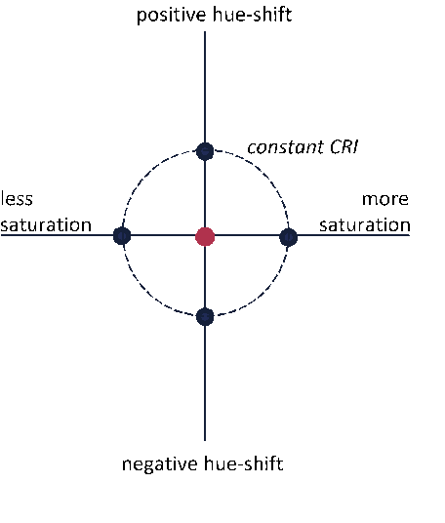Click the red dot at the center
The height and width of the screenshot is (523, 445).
[205, 236]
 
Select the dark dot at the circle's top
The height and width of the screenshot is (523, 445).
[205, 151]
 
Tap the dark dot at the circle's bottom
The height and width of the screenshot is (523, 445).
[205, 316]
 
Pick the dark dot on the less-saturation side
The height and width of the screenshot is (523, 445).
[122, 236]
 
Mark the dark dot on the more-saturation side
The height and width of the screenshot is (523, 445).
[288, 237]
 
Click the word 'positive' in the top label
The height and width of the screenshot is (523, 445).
[167, 16]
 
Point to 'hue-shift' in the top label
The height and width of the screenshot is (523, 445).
[248, 15]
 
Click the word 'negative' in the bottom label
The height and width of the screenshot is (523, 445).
[160, 464]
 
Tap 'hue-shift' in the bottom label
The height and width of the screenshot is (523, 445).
[244, 463]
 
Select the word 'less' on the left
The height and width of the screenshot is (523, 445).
[17, 198]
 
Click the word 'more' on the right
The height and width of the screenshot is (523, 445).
[385, 199]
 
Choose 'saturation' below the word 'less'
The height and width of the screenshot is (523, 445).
[46, 224]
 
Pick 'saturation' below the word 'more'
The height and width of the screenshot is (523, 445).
[365, 224]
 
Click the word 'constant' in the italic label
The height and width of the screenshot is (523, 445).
[286, 147]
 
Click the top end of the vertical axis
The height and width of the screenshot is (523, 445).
[205, 31]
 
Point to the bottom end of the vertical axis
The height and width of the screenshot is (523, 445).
[205, 441]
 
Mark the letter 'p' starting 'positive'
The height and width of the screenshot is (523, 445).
[142, 17]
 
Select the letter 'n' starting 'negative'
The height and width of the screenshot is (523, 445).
[127, 464]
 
